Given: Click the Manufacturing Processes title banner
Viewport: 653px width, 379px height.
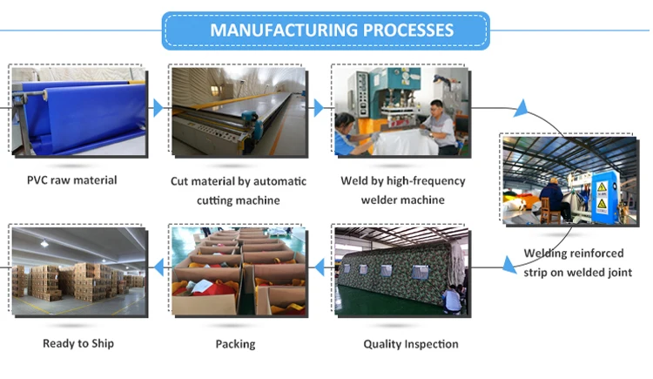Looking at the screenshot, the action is [326, 30].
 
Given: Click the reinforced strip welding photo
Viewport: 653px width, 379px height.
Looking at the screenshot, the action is [569, 179].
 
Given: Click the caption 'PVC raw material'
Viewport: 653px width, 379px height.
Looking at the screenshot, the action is [71, 180].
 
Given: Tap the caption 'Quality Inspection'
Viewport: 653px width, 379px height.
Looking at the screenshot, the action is [411, 343].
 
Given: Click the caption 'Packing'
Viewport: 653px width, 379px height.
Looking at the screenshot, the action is [235, 343].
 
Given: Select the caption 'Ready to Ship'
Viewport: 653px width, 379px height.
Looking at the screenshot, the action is [78, 343].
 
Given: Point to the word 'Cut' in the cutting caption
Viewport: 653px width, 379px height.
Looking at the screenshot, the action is [180, 181].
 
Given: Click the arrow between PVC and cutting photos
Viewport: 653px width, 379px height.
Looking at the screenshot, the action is [158, 108].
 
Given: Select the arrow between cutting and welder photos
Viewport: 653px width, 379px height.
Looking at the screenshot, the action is [319, 108].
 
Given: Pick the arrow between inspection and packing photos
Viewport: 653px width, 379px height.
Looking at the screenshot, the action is [318, 264].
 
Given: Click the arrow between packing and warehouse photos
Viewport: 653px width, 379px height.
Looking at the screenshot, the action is [158, 264].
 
